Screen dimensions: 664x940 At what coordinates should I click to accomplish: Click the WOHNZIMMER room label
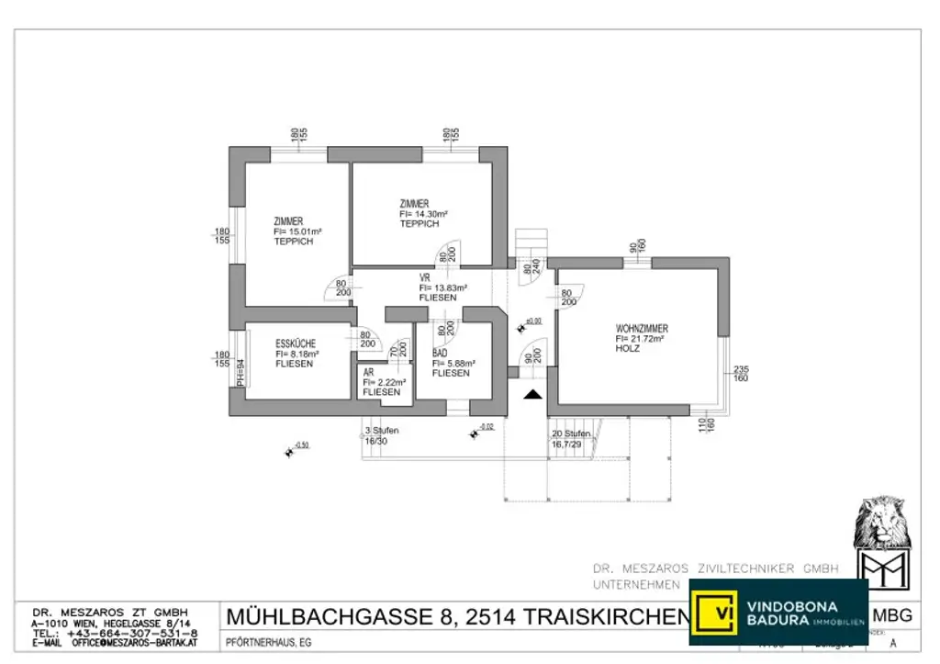coord(642,328)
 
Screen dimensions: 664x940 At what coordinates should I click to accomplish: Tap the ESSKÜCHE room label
coord(296,343)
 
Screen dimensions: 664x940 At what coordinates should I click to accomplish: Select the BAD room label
coord(441,353)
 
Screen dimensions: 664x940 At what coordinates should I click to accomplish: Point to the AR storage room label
coord(368,372)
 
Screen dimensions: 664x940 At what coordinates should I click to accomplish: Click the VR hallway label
coord(425,277)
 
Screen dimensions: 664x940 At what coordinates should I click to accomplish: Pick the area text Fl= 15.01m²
coord(297,232)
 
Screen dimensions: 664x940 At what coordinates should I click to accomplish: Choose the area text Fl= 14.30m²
coord(423,213)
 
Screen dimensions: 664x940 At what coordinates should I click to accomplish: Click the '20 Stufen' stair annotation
coord(569,433)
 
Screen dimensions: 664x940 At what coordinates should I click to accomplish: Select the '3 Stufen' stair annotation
coord(382,431)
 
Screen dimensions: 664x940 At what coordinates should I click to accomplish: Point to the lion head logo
coord(881,523)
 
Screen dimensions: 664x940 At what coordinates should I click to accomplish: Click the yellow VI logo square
coord(715,612)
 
